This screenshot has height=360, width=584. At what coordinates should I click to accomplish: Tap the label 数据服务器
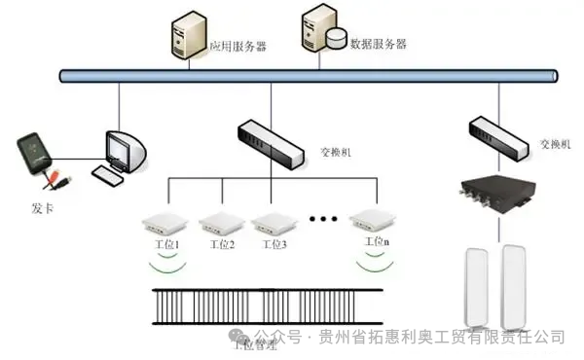(380, 45)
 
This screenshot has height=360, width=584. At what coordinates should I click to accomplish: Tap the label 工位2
(221, 244)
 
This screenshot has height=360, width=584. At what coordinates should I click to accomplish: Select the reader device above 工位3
(274, 223)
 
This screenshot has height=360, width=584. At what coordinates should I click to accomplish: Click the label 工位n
(377, 240)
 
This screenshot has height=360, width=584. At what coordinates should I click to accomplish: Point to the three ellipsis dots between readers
(322, 219)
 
